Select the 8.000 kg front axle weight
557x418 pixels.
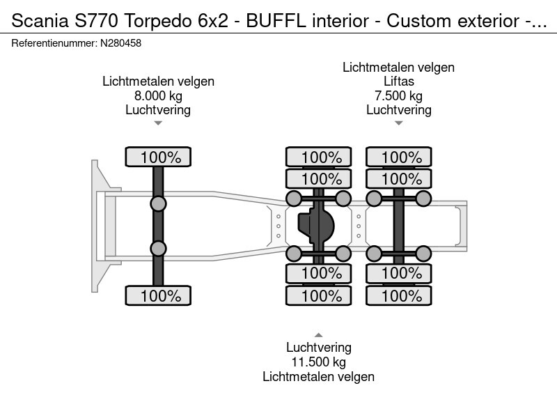point(158,95)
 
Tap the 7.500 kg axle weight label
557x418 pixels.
point(398,95)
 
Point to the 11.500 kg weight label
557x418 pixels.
point(319,362)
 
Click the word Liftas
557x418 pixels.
point(398,82)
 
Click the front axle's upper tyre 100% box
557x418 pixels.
point(158,157)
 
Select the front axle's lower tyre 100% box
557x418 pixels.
point(158,295)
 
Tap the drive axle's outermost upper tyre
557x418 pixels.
point(319,157)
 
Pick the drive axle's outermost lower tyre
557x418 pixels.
point(319,295)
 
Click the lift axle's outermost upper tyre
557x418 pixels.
point(399,157)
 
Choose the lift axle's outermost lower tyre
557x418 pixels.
point(399,295)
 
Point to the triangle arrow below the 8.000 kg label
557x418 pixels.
point(158,123)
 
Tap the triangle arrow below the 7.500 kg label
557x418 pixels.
point(398,123)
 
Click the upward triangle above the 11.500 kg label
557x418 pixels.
point(319,335)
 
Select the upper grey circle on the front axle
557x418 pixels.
point(158,203)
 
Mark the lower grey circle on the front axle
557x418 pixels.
point(158,248)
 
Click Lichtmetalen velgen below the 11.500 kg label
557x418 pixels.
point(319,376)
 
